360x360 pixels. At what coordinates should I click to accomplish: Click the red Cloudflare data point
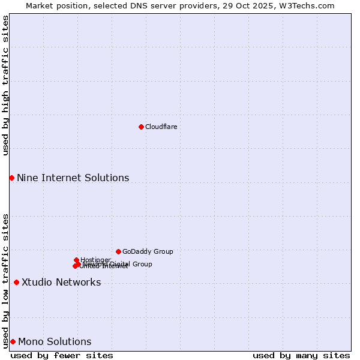pyautogui.click(x=141, y=127)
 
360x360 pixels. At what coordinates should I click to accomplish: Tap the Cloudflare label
pyautogui.click(x=161, y=127)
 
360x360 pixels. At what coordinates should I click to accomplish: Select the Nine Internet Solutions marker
pyautogui.click(x=11, y=178)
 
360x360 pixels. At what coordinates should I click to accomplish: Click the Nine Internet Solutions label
pyautogui.click(x=73, y=178)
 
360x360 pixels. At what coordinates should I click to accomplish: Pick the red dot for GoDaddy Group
pyautogui.click(x=118, y=251)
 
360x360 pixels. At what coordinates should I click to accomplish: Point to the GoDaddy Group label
pyautogui.click(x=148, y=252)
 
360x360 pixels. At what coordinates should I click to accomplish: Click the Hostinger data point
pyautogui.click(x=76, y=260)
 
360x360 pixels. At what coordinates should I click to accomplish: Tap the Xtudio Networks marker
pyautogui.click(x=16, y=282)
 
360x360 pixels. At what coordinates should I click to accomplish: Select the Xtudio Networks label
pyautogui.click(x=61, y=283)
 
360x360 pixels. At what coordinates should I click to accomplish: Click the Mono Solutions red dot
pyautogui.click(x=13, y=341)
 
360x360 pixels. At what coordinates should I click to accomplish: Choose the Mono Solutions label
pyautogui.click(x=55, y=342)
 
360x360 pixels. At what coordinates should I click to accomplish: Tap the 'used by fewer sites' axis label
pyautogui.click(x=62, y=355)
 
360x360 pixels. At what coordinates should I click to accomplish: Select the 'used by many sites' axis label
pyautogui.click(x=301, y=355)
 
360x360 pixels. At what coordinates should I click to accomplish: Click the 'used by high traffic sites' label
pyautogui.click(x=5, y=85)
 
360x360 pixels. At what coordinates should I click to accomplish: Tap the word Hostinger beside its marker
pyautogui.click(x=95, y=260)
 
